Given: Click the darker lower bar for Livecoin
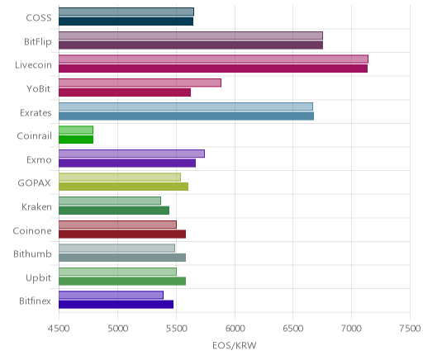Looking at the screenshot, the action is [213, 69].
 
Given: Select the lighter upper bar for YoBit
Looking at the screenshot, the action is [140, 83].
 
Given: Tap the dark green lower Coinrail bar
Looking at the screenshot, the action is [76, 140].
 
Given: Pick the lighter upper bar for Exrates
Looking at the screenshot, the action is [186, 107].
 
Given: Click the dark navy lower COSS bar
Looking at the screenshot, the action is [126, 21].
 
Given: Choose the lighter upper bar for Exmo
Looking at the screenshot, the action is [131, 154].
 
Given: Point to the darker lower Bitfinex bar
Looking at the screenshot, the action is [116, 305].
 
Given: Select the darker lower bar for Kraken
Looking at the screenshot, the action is [114, 211].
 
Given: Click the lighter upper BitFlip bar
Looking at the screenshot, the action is [191, 36].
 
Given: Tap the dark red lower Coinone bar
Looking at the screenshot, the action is [122, 234].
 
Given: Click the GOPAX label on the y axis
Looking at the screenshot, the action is [35, 183].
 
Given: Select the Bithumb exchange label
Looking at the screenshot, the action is [32, 253].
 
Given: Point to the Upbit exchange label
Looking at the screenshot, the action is [39, 278].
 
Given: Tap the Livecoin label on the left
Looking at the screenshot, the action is [33, 65].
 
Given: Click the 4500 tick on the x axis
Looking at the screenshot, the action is [59, 329].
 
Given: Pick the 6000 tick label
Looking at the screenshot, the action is [235, 329].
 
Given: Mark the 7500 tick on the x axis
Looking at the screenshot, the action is [410, 329].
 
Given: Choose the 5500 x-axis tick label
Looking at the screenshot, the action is [176, 329].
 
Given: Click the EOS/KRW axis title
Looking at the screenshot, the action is [235, 345].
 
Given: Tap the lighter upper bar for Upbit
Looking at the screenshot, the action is [117, 272].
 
